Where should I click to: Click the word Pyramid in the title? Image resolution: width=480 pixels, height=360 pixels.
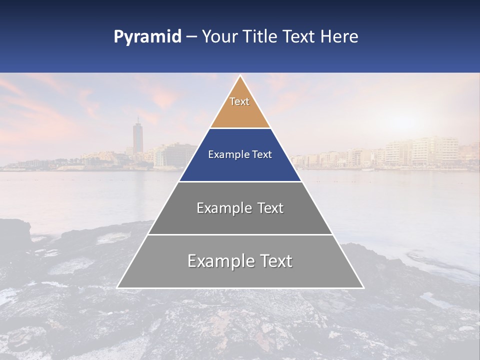click(147, 37)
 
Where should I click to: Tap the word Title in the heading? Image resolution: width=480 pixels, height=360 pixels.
click(257, 37)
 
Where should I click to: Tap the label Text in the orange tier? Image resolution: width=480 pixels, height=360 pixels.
click(239, 101)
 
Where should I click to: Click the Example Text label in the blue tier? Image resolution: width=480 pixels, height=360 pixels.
click(240, 154)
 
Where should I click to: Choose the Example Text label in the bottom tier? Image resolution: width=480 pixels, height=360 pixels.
click(240, 261)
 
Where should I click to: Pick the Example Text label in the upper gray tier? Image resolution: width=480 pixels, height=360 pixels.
click(240, 208)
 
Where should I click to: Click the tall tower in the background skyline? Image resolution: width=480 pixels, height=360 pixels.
click(138, 136)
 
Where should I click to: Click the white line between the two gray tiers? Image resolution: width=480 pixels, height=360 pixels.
click(240, 234)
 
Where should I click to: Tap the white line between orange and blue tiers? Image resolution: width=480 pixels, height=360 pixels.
click(240, 128)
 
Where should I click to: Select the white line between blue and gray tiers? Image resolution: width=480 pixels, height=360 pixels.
click(240, 181)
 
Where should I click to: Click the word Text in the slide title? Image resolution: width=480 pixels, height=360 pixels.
click(298, 37)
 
